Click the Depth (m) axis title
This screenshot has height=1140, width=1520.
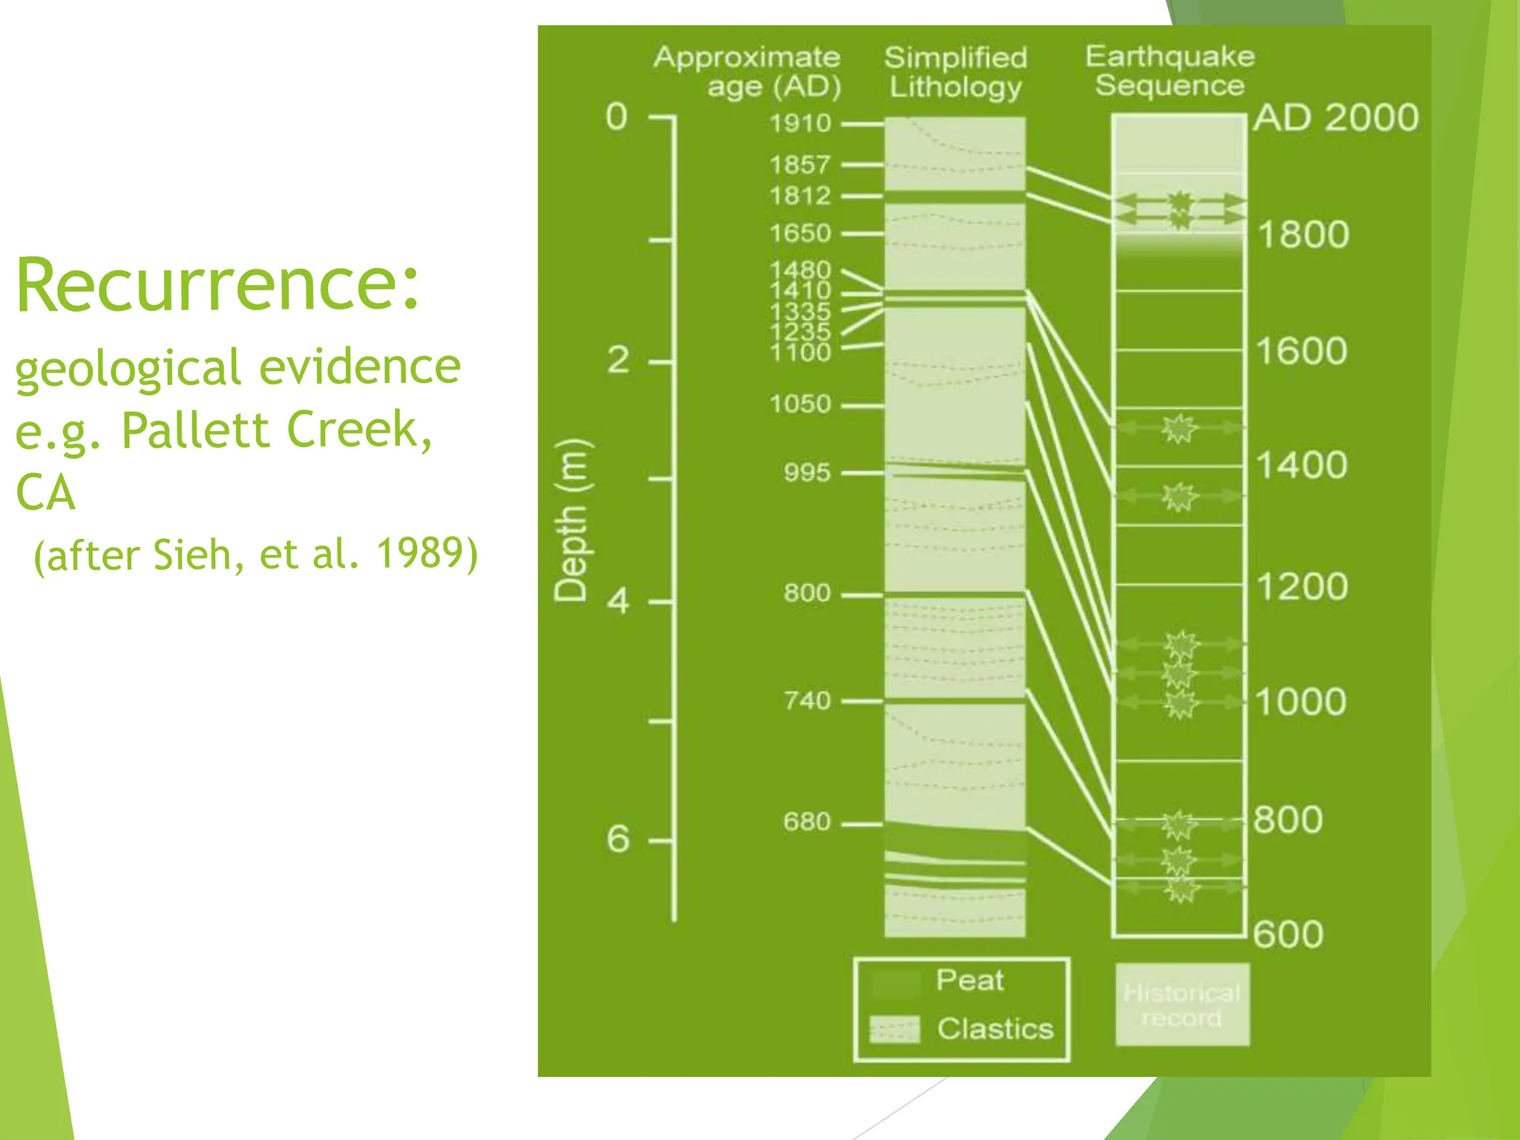point(572,520)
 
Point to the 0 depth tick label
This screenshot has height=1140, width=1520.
point(617,117)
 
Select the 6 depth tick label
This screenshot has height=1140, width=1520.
point(618,839)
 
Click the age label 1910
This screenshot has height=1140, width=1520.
point(799,123)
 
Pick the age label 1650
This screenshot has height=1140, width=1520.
point(799,234)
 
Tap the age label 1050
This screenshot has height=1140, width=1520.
point(799,404)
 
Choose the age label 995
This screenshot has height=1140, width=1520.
point(807,473)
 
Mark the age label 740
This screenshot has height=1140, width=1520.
point(807,701)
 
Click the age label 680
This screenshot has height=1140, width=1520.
point(807,822)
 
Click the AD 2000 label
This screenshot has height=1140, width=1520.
point(1336,118)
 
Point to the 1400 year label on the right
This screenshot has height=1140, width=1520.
point(1301,466)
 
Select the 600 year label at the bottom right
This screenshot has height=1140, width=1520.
point(1288,934)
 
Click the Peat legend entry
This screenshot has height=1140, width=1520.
point(969,980)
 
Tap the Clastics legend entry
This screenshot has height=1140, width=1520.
point(995,1029)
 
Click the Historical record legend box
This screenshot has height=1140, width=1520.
point(1182,1005)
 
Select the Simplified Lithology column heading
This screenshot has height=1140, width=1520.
point(956,72)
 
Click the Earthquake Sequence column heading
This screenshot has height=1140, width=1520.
point(1170,71)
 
